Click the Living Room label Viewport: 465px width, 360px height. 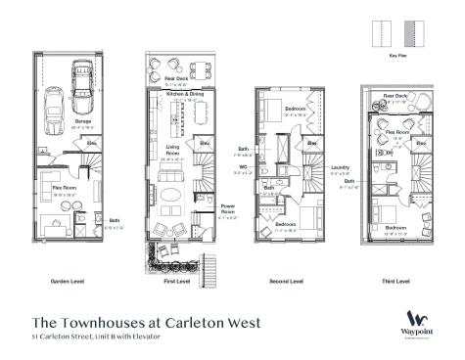[172, 150]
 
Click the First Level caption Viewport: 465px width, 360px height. [178, 281]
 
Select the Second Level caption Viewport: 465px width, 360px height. [288, 281]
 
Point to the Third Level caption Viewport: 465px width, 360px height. [395, 281]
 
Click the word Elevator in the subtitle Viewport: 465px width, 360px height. [144, 337]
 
